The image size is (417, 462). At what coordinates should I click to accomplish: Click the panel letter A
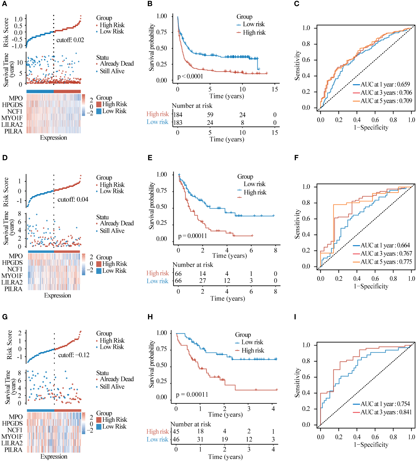click(4, 4)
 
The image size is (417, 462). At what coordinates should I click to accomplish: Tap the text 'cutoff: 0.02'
click(70, 40)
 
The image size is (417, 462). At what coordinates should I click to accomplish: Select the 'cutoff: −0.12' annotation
click(74, 355)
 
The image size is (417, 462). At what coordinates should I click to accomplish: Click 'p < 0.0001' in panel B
click(190, 76)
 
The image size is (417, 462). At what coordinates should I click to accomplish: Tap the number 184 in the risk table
click(178, 115)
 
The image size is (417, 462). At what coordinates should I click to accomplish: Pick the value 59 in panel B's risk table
click(210, 115)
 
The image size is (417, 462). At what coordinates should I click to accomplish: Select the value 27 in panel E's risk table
click(202, 281)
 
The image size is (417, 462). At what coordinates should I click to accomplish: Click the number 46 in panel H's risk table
click(176, 439)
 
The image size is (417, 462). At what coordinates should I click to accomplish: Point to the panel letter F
click(296, 158)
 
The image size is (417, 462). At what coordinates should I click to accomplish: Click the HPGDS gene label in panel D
click(12, 263)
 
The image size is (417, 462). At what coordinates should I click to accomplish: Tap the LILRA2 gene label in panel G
click(12, 443)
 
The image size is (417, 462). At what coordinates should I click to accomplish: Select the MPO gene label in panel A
click(16, 98)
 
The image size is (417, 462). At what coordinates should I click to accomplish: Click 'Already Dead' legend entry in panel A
click(116, 64)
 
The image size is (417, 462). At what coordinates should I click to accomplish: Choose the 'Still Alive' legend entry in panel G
click(112, 387)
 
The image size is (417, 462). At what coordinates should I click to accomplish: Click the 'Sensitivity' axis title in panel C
click(297, 66)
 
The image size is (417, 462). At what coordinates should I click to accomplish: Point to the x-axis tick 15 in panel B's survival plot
click(275, 89)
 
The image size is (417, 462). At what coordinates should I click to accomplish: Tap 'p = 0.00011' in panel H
click(192, 394)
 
